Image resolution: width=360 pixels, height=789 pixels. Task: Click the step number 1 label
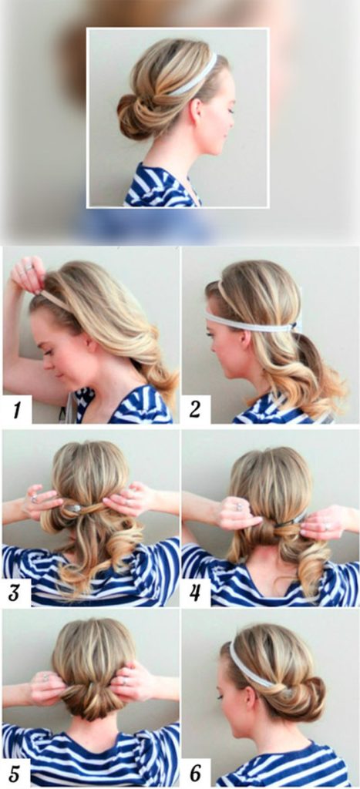(x=17, y=410)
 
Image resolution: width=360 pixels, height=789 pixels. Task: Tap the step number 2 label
(x=195, y=410)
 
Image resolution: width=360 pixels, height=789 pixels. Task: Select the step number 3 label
(x=15, y=593)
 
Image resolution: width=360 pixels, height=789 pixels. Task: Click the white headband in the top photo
(x=193, y=76)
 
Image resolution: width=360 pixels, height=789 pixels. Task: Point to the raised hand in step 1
(x=29, y=275)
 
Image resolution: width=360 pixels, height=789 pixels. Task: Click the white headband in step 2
(x=252, y=322)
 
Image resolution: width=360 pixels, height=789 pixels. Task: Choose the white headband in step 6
(x=249, y=665)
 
